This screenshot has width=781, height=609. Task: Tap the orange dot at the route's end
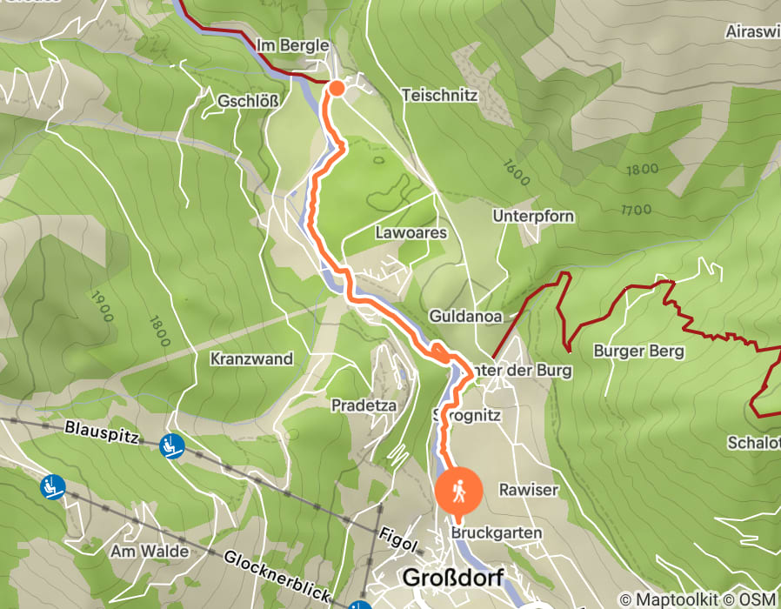click(336, 87)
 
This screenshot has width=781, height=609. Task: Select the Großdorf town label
click(452, 578)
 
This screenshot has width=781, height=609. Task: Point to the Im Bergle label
click(292, 45)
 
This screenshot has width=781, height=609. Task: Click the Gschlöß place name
click(249, 101)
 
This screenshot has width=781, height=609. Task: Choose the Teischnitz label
click(439, 96)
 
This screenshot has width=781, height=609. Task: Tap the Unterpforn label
click(532, 216)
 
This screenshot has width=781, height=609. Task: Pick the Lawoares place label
click(411, 233)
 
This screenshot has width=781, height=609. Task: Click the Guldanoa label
click(465, 317)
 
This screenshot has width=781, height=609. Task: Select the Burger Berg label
click(638, 351)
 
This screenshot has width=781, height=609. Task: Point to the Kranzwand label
click(251, 358)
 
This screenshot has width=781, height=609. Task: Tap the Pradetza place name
click(364, 405)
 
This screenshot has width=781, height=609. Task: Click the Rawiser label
click(528, 490)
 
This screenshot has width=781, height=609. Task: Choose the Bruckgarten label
click(497, 532)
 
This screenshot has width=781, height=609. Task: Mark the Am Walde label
click(144, 552)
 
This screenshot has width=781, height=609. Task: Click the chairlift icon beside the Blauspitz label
click(172, 446)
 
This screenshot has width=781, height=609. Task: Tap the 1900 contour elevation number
click(101, 306)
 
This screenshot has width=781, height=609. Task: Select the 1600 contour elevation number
click(515, 172)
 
